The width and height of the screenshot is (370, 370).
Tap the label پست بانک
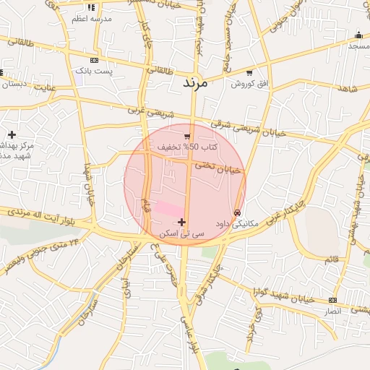click(94, 72)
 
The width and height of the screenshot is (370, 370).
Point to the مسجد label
click(358, 46)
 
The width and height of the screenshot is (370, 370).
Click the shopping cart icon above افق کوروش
click(249, 73)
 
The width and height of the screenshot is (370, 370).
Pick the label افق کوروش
click(249, 84)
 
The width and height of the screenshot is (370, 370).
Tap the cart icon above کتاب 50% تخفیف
click(188, 136)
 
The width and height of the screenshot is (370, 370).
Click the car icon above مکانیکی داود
click(238, 212)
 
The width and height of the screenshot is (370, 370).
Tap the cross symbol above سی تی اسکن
click(181, 222)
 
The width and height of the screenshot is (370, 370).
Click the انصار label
click(334, 310)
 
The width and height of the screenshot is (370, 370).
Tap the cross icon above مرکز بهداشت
click(12, 134)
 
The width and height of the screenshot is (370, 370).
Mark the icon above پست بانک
click(94, 60)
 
